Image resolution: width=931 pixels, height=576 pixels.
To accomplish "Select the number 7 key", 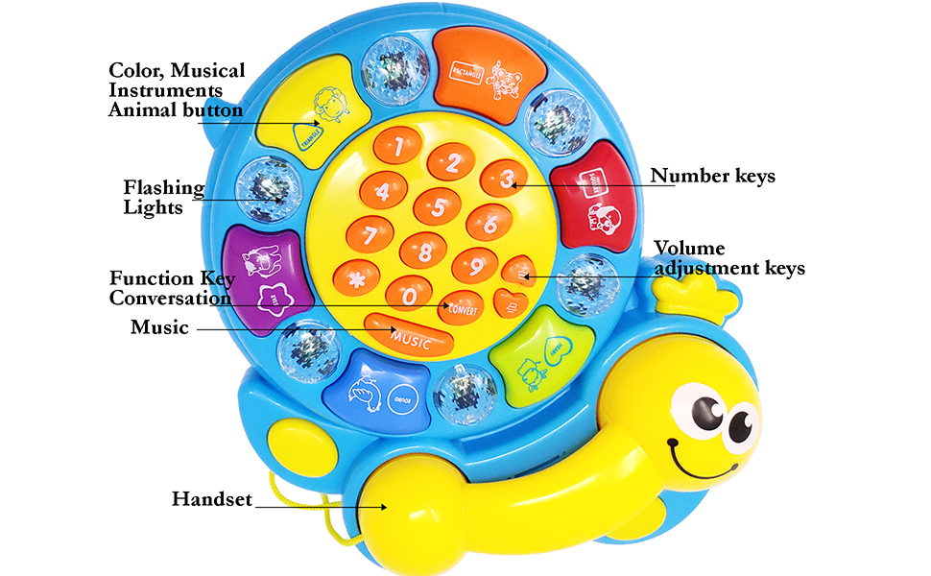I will tap(363, 231).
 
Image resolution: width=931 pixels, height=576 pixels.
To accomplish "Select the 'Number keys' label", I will tap(712, 176).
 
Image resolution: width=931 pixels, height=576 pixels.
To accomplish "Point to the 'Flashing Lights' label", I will tap(164, 197).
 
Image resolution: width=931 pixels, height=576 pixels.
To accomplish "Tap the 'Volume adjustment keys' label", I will tap(728, 258).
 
